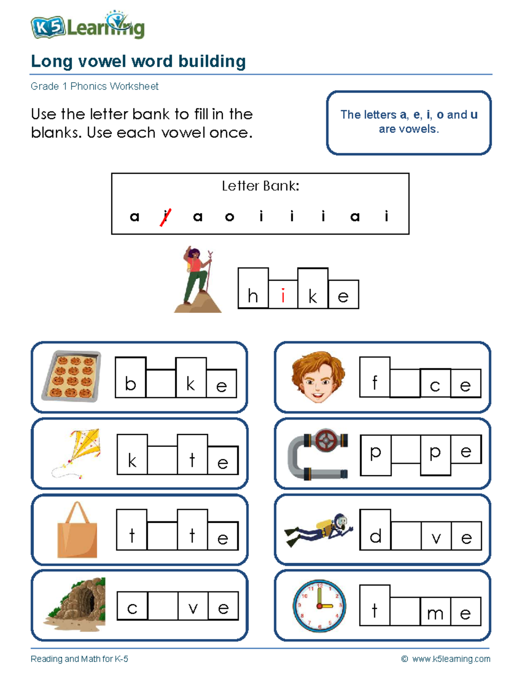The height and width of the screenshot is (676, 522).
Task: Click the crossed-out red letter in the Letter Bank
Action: tap(165, 216)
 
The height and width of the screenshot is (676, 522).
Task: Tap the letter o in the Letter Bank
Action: tap(230, 217)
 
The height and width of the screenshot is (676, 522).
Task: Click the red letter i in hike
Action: tap(283, 296)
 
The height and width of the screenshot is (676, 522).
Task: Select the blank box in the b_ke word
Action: tap(161, 383)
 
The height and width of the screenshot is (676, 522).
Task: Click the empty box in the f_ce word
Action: tap(405, 383)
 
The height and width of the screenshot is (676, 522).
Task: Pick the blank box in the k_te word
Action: tap(162, 460)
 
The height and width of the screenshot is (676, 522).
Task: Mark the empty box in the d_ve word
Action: tap(406, 536)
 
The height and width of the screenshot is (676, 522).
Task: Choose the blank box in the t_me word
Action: tap(405, 612)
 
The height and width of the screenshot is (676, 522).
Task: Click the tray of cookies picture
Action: tap(71, 376)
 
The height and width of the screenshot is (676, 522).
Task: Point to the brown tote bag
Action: tap(77, 531)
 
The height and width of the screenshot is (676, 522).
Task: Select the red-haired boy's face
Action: tap(318, 377)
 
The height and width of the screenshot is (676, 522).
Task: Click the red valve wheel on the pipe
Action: tap(325, 441)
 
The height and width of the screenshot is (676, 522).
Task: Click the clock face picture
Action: tap(319, 605)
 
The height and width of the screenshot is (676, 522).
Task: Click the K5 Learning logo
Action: tap(87, 27)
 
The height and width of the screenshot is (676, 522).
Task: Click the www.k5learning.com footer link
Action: tap(451, 659)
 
